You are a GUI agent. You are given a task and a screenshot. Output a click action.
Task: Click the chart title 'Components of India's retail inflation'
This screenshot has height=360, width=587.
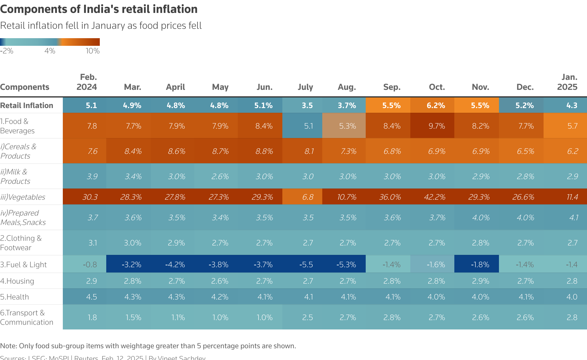pyautogui.click(x=99, y=9)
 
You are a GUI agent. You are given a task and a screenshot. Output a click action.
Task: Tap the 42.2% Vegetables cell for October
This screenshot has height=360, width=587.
pyautogui.click(x=434, y=197)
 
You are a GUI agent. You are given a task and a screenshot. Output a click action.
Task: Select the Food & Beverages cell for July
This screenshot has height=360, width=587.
pyautogui.click(x=308, y=126)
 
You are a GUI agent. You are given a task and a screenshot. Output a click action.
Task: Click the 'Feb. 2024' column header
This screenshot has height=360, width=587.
pyautogui.click(x=87, y=82)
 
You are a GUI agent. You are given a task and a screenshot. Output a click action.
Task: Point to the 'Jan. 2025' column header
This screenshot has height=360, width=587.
pyautogui.click(x=567, y=82)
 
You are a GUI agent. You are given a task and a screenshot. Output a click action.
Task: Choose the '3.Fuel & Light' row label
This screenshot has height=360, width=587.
pyautogui.click(x=23, y=265)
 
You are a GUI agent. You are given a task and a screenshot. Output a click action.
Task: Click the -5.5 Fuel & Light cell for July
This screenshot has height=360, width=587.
pyautogui.click(x=306, y=265)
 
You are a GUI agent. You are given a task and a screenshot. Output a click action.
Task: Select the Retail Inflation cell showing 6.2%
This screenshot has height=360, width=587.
pyautogui.click(x=436, y=105)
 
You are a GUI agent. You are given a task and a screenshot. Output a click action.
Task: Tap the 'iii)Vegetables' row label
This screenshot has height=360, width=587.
pyautogui.click(x=23, y=197)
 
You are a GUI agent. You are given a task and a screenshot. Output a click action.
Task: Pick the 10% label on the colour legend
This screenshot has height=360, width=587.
pyautogui.click(x=92, y=51)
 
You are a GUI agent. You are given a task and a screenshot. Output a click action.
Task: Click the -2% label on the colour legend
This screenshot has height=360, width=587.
pyautogui.click(x=7, y=51)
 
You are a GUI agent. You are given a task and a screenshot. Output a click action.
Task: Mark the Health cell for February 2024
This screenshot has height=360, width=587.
pyautogui.click(x=91, y=297)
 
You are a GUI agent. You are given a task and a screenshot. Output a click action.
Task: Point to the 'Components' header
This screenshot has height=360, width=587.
pyautogui.click(x=25, y=87)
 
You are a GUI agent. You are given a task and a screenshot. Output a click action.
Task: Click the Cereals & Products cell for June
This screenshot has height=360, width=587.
pyautogui.click(x=264, y=151)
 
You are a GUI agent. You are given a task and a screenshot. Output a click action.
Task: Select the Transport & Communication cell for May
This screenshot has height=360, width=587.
pyautogui.click(x=220, y=317)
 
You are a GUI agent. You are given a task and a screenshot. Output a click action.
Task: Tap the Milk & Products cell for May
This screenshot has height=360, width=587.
pyautogui.click(x=220, y=176)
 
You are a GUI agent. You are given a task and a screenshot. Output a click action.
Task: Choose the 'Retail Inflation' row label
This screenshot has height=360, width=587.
pyautogui.click(x=27, y=105)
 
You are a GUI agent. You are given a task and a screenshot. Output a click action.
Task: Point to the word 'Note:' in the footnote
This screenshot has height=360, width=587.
pyautogui.click(x=9, y=346)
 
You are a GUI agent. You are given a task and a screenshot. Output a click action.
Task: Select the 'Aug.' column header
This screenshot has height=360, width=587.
pyautogui.click(x=347, y=87)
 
